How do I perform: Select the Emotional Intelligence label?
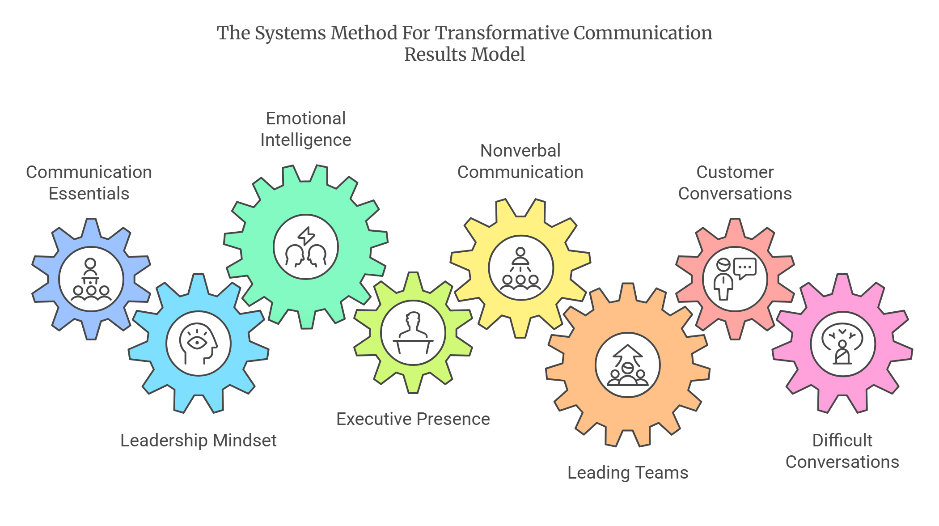pyautogui.click(x=306, y=129)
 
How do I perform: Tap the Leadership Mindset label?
pyautogui.click(x=199, y=441)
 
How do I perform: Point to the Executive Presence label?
pyautogui.click(x=413, y=419)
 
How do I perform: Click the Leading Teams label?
pyautogui.click(x=628, y=473)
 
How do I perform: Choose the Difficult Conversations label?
pyautogui.click(x=842, y=451)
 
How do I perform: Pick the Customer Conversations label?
pyautogui.click(x=735, y=183)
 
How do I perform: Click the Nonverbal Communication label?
pyautogui.click(x=520, y=161)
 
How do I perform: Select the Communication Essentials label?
pyautogui.click(x=89, y=183)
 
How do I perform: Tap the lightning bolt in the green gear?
pyautogui.click(x=307, y=236)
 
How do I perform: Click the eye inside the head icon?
pyautogui.click(x=197, y=343)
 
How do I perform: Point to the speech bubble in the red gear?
pyautogui.click(x=745, y=268)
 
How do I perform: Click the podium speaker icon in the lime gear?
pyautogui.click(x=413, y=333)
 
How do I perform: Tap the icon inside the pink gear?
pyautogui.click(x=842, y=344)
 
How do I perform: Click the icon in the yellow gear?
pyautogui.click(x=520, y=268)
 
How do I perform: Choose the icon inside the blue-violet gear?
pyautogui.click(x=91, y=279)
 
